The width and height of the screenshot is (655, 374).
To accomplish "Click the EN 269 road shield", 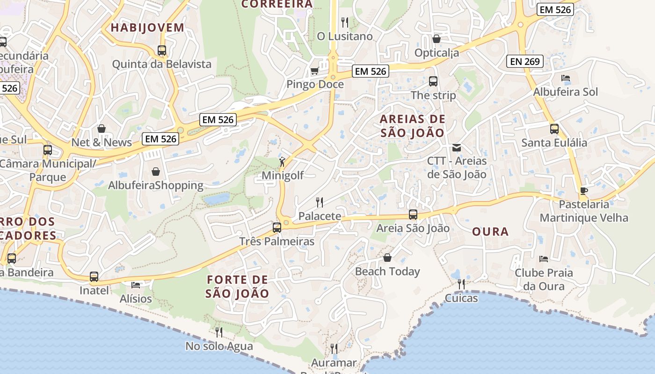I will coord(525,61).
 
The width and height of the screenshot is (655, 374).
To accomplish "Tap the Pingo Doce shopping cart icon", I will coord(314,71).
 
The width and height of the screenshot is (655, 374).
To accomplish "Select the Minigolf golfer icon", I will coord(282,162).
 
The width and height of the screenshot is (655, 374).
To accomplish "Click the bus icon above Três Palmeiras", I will coord(277,228).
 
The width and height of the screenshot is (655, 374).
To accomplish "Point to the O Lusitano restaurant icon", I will coord(345,22).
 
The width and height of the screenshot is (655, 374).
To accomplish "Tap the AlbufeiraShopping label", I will coord(156,186).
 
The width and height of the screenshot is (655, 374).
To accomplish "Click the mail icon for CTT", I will coord(457,148).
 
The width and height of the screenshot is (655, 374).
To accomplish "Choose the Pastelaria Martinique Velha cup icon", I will coord(583,191).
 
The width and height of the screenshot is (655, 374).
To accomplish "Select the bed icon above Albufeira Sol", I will coord(566,78).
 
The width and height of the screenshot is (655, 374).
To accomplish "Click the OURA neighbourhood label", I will coord(490,231).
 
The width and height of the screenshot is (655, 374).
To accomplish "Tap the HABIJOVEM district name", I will coord(147,28).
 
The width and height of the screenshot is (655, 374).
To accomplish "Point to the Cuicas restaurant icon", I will coord(461,284).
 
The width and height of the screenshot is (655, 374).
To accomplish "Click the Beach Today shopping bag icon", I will coord(387,258).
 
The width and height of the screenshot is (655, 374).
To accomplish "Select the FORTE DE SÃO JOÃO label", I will coord(237,287).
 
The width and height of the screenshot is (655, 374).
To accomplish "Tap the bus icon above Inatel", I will coord(94,277).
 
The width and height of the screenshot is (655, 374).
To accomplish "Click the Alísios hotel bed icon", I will coord(136,285).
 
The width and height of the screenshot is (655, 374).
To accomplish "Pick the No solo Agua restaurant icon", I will coord(218,332).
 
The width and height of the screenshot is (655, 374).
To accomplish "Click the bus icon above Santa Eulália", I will coord(554,129).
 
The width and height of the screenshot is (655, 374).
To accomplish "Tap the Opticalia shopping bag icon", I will coord(437,39).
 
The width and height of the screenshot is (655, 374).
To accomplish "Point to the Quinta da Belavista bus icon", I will coord(162,50).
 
